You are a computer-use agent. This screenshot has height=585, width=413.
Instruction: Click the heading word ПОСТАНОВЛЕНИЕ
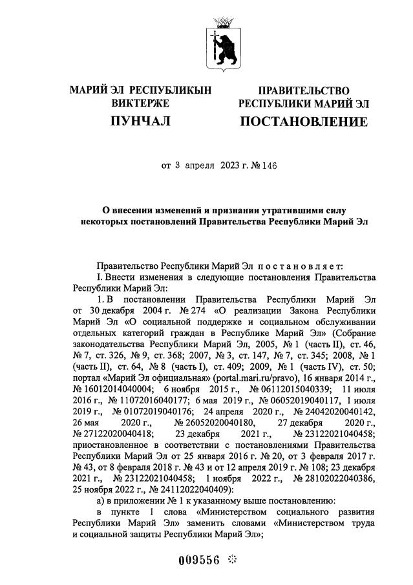click(304, 122)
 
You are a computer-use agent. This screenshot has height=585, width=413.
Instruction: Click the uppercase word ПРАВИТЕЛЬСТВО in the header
click(304, 90)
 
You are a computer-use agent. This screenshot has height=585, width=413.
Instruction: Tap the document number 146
click(268, 165)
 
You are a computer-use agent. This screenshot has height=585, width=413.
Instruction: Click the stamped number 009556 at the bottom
click(199, 560)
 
